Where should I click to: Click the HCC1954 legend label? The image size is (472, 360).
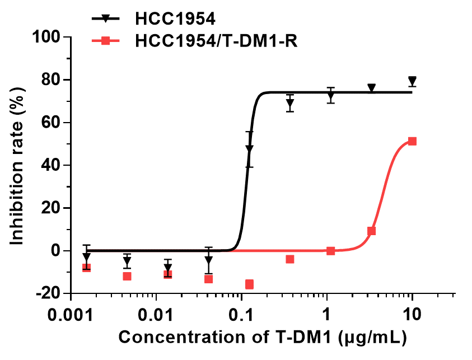point(175,19)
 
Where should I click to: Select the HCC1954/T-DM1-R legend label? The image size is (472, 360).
point(216,41)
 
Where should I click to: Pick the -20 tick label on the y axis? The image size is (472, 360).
point(50,293)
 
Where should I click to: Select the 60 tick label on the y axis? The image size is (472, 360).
point(55,123)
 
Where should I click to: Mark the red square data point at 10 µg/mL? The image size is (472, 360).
point(412,141)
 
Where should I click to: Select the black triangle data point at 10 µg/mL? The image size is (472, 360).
point(412,81)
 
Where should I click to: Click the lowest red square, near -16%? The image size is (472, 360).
point(249,284)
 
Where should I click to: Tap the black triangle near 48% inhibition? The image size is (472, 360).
point(249,149)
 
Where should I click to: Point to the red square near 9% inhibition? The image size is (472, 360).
point(371,231)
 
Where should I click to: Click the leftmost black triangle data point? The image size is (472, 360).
point(86,257)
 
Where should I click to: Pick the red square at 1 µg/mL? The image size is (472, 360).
point(331,251)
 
